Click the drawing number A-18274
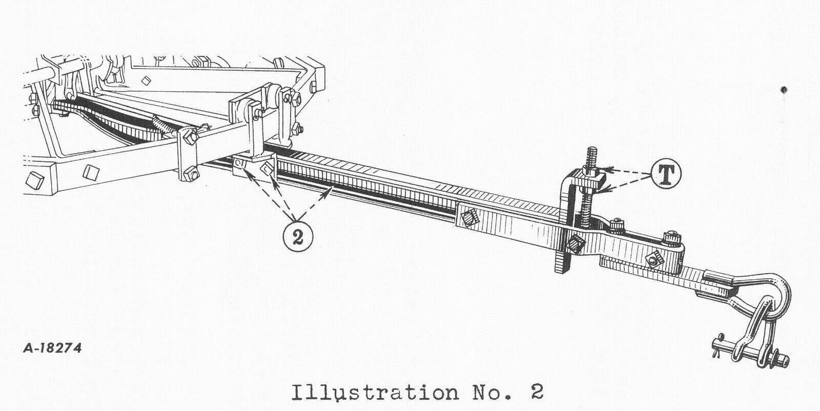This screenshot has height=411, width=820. (52, 348)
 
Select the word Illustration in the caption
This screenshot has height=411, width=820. (375, 393)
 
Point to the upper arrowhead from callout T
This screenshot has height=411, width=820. (608, 169)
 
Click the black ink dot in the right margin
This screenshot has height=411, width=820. (784, 89)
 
